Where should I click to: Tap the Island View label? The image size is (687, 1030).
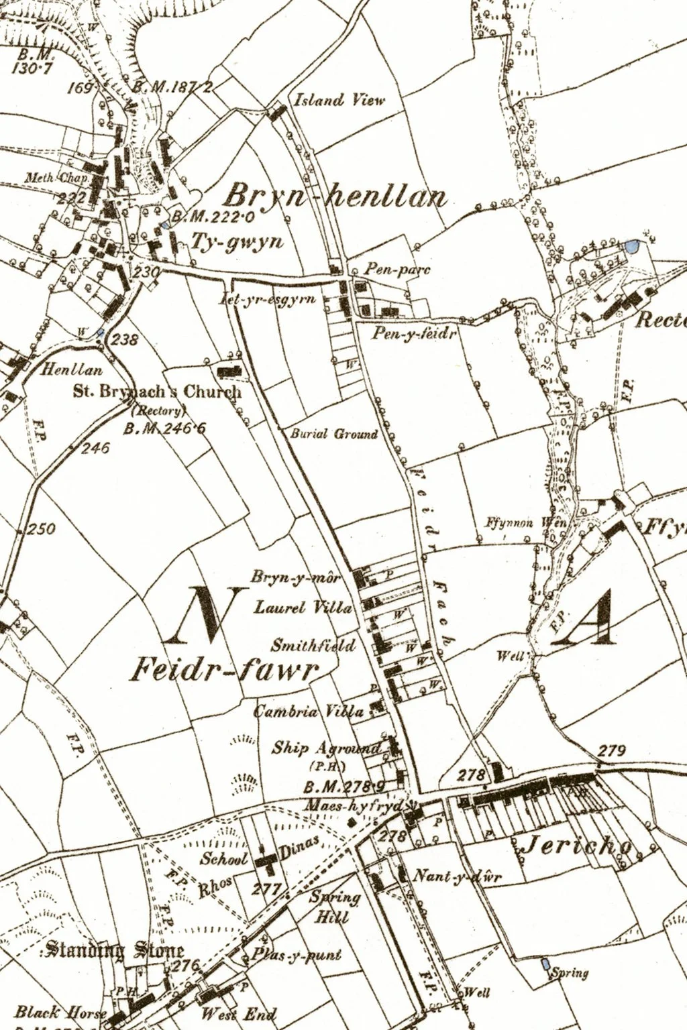pos(340,100)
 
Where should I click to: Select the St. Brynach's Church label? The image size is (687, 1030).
pos(157,392)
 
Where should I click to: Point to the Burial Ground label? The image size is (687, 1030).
pos(333,434)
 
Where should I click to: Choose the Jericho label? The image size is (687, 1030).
pos(576,847)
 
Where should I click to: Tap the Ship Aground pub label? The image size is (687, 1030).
pos(326,748)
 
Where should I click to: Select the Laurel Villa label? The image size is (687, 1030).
pos(303,608)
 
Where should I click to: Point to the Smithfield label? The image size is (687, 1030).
pos(313,646)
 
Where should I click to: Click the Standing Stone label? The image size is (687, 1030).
pos(111,951)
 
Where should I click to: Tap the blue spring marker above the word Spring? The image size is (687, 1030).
pos(545,964)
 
